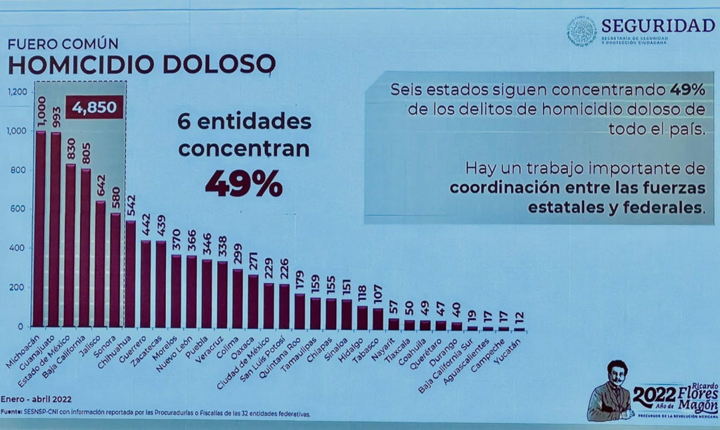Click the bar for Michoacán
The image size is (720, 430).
coord(40,228)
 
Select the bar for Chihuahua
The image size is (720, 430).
coord(131,274)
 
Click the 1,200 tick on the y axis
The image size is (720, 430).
coord(18,92)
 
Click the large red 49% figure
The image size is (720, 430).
coord(243,184)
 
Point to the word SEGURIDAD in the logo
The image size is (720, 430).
coord(657,25)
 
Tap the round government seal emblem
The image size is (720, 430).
coord(581,32)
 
